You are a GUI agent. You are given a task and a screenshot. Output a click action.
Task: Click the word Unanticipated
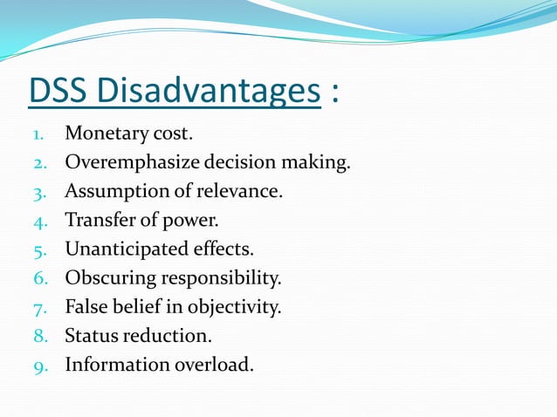(x=125, y=250)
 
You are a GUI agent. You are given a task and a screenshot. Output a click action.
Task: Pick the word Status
(x=91, y=336)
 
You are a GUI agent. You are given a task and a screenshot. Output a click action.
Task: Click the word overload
(x=217, y=365)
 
